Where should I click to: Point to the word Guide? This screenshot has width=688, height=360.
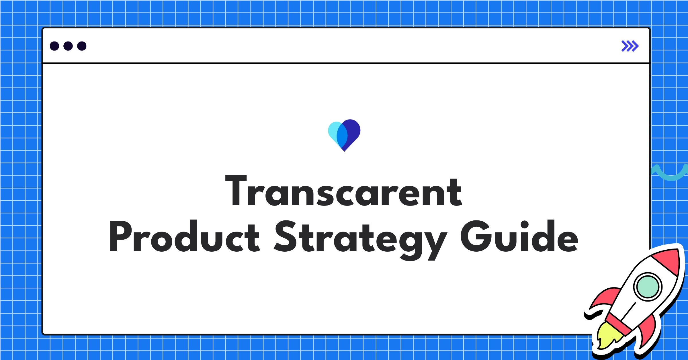[519, 237]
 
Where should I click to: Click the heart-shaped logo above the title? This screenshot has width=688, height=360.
[344, 135]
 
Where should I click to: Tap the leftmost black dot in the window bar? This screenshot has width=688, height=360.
[54, 46]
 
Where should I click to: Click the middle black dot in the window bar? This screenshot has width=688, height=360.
[68, 46]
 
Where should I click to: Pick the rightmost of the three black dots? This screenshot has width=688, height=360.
[82, 46]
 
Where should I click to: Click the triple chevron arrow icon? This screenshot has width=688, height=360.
[630, 46]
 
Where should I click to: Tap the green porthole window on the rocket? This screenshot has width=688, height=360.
[648, 287]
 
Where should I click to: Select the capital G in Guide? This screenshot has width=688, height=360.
[474, 237]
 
